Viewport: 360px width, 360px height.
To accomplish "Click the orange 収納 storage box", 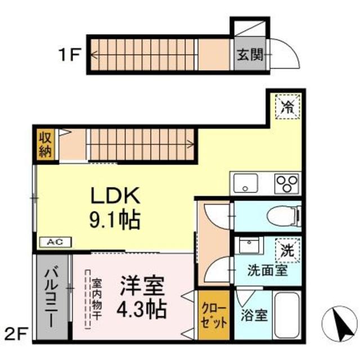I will coord(46,145).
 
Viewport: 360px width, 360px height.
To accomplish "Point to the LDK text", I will coord(116,196).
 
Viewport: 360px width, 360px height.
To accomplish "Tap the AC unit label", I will coord(55,242).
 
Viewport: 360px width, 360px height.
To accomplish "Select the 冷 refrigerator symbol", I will coord(287,106).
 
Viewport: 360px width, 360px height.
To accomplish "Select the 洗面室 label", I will coord(268,271).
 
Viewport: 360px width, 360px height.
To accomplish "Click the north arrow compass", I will coord(339,324).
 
